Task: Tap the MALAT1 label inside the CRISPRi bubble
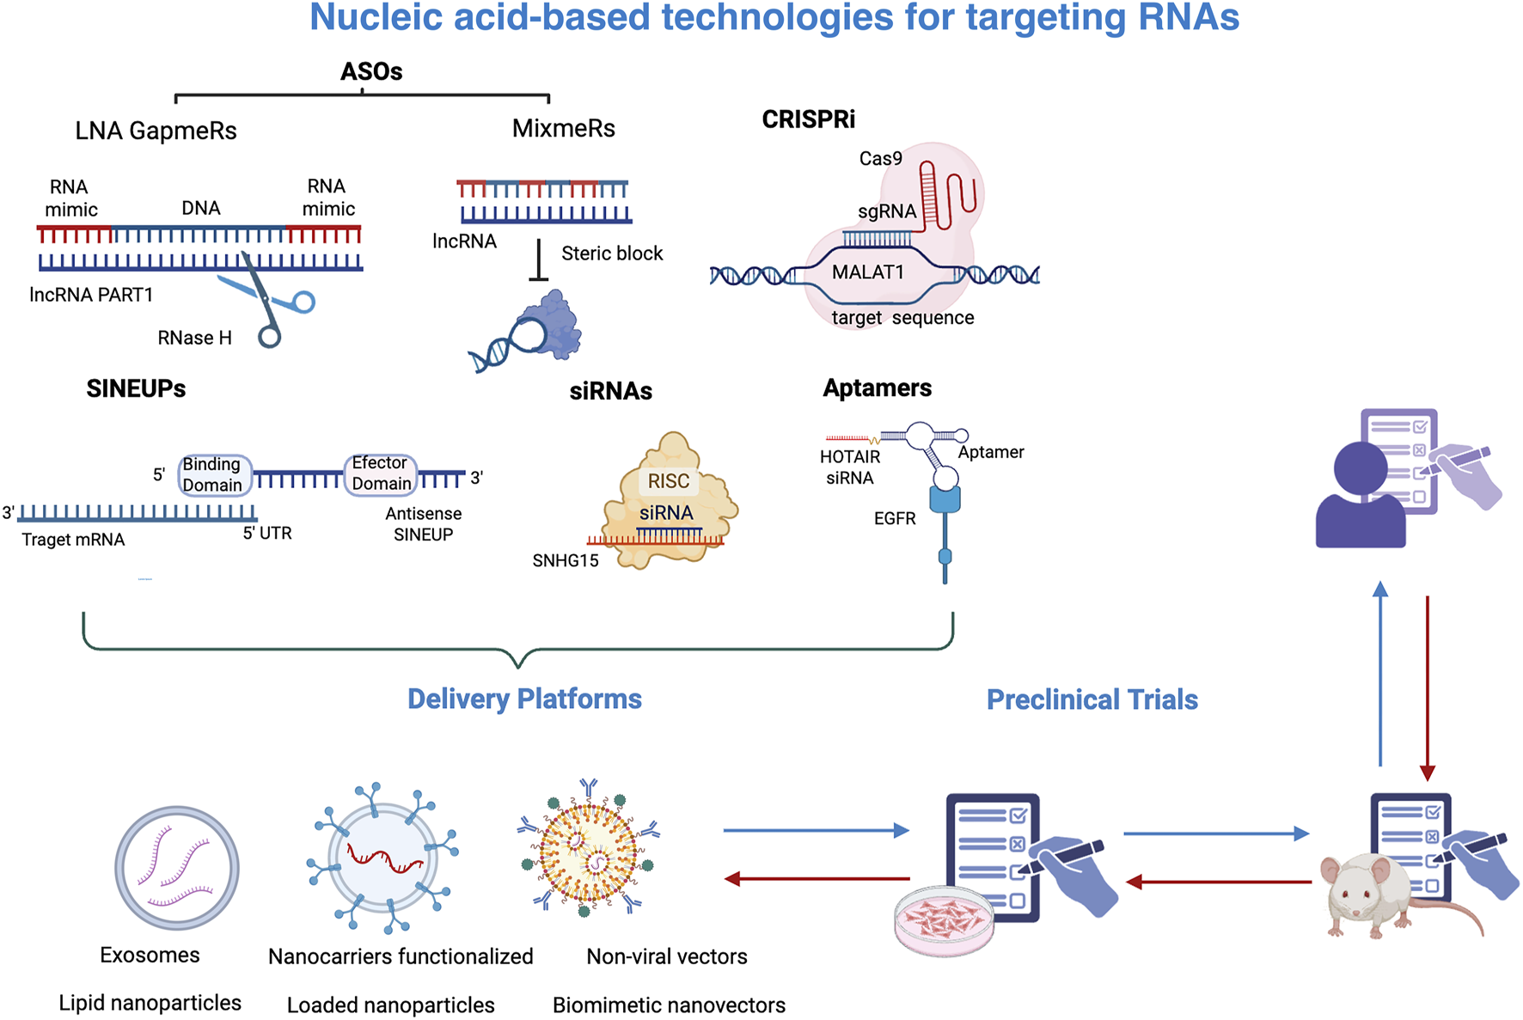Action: click(x=867, y=272)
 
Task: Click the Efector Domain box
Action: click(x=381, y=474)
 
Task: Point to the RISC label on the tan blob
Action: click(x=668, y=481)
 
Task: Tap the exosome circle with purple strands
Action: click(x=177, y=868)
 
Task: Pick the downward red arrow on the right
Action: click(x=1428, y=687)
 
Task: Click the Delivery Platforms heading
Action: click(x=524, y=699)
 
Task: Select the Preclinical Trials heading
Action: click(x=1092, y=699)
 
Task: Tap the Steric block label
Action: click(x=612, y=253)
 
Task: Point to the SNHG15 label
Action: click(x=565, y=561)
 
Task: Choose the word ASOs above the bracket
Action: click(x=371, y=71)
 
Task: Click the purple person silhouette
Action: click(x=1360, y=498)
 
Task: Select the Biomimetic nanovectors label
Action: click(x=669, y=1005)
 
